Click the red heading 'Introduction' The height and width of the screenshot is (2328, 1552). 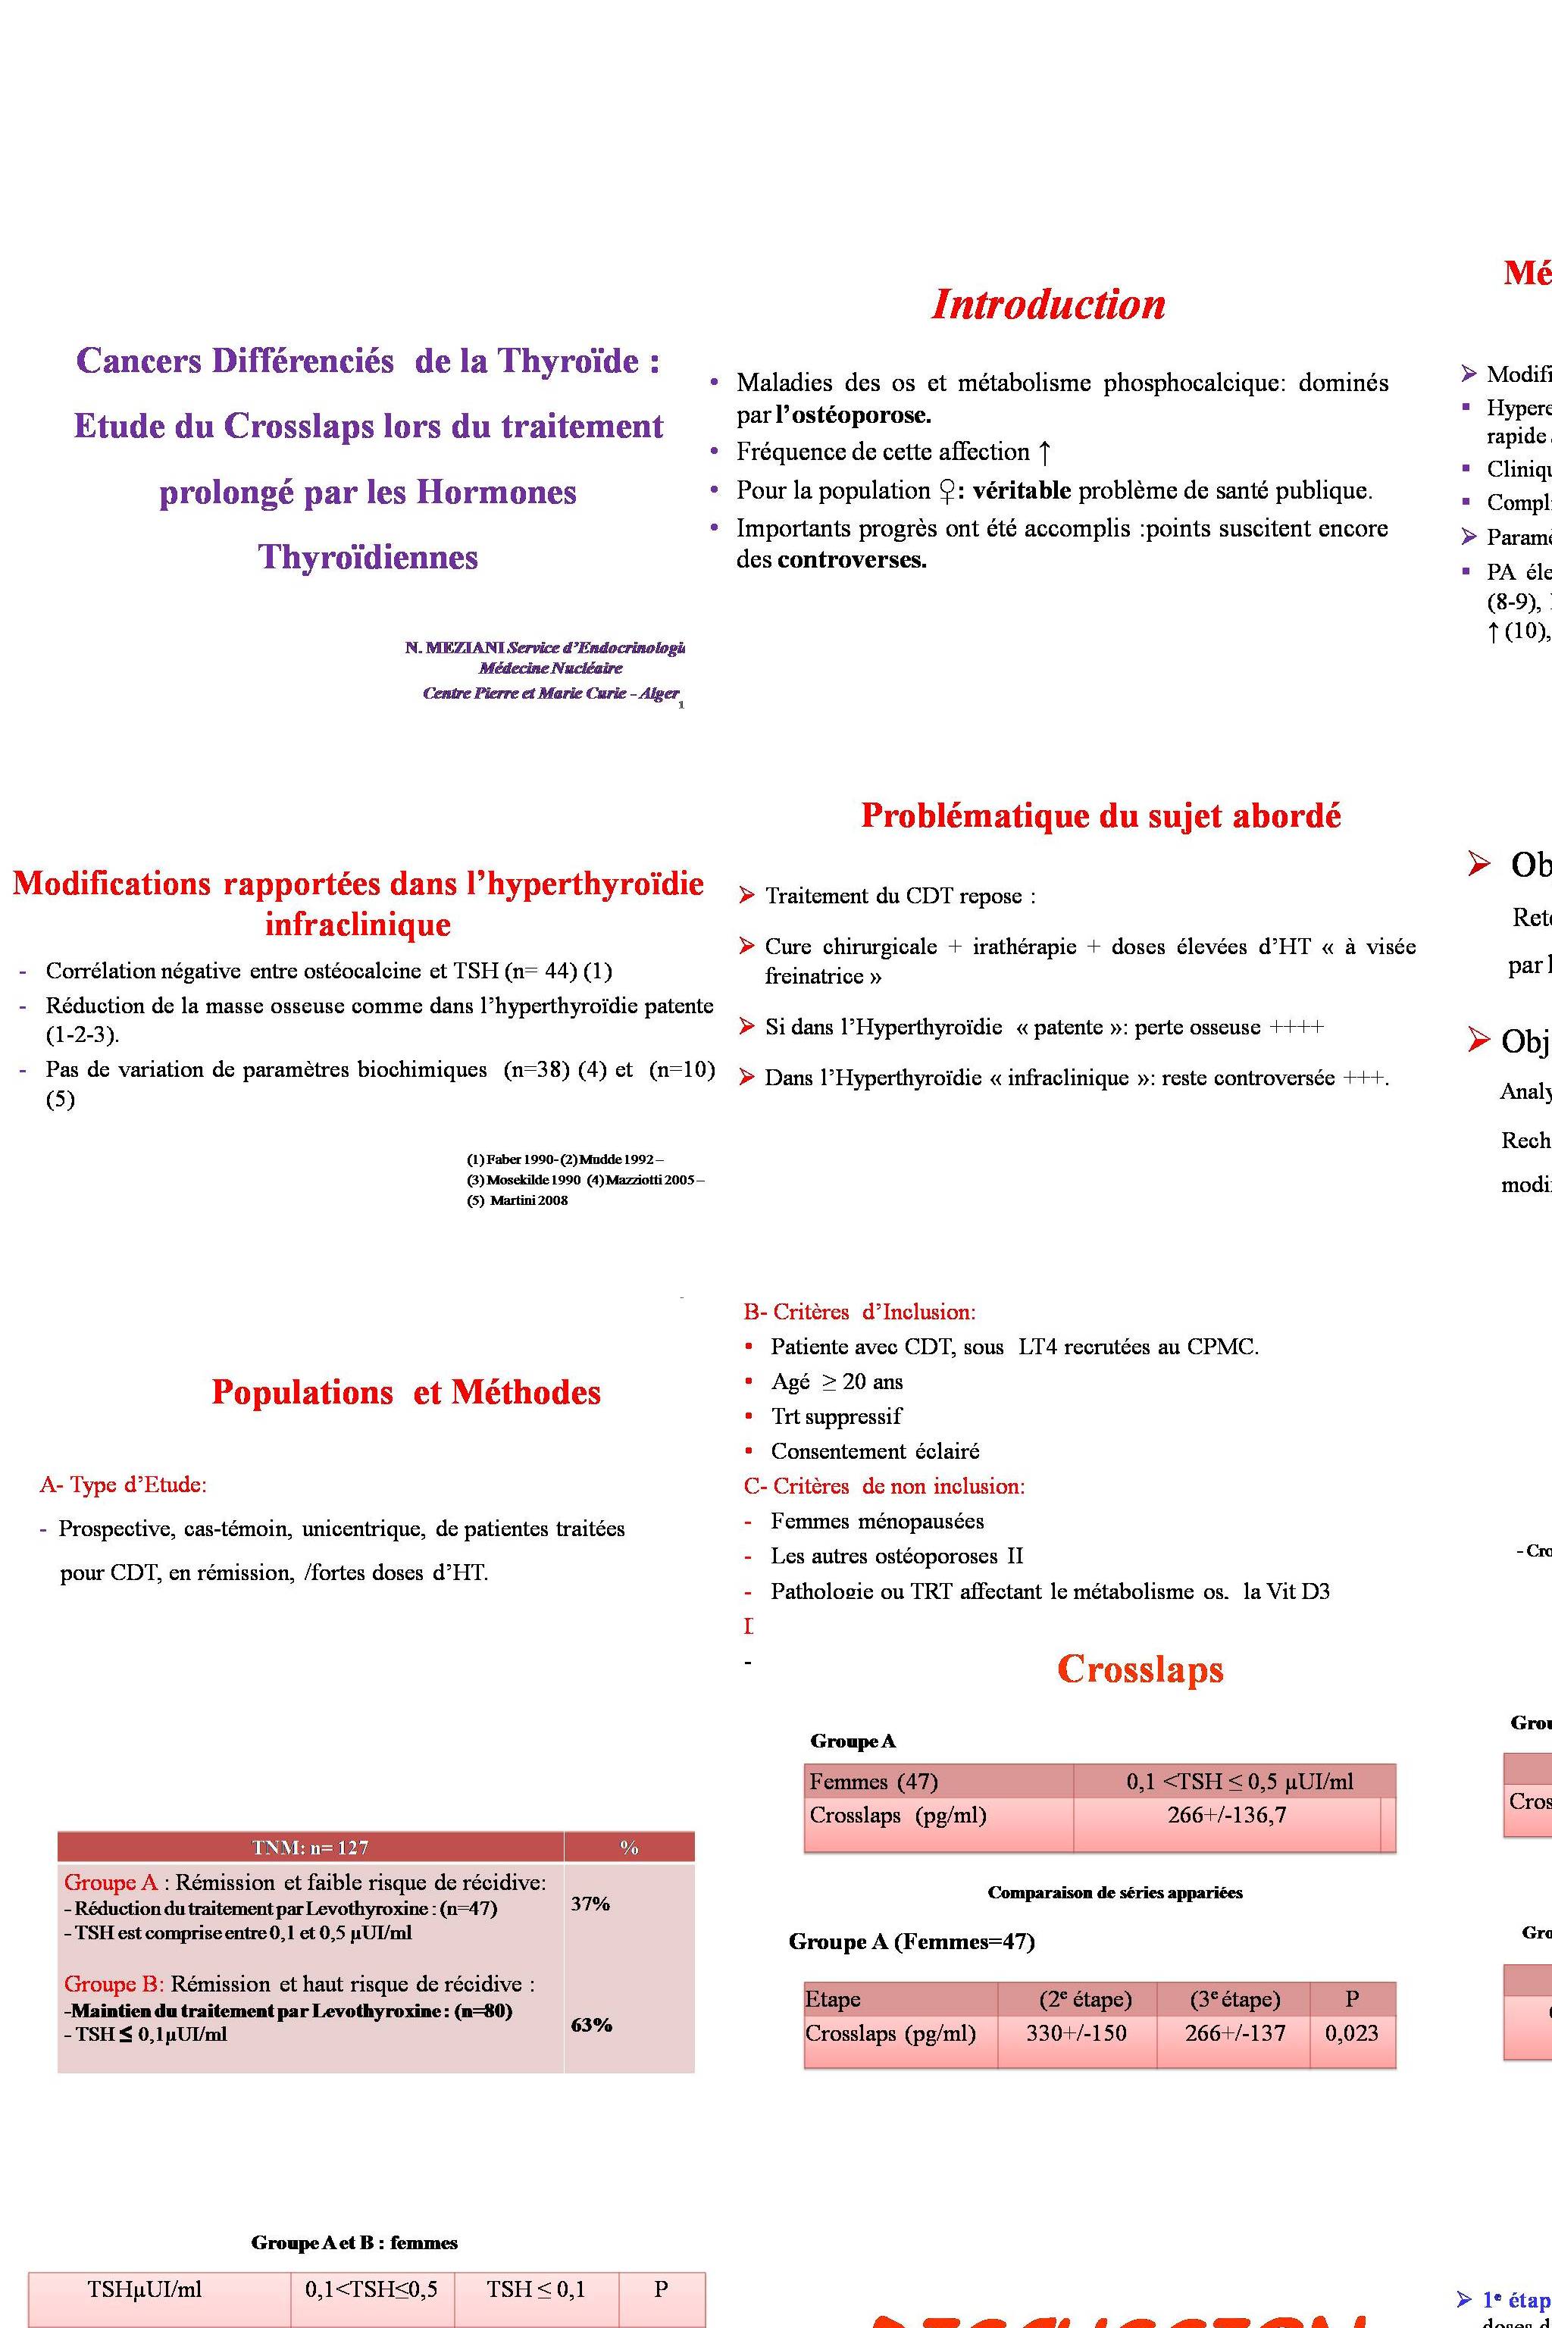[x=1048, y=304]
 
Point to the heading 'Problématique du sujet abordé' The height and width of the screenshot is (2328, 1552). [x=1100, y=815]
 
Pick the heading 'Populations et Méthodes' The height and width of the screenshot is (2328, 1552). [x=406, y=1393]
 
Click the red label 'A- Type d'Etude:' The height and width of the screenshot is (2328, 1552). [x=123, y=1485]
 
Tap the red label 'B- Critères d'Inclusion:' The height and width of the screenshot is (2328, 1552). [x=859, y=1313]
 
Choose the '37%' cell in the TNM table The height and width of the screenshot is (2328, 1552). [x=590, y=1904]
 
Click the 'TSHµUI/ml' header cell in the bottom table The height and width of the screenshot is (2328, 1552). [x=145, y=2289]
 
